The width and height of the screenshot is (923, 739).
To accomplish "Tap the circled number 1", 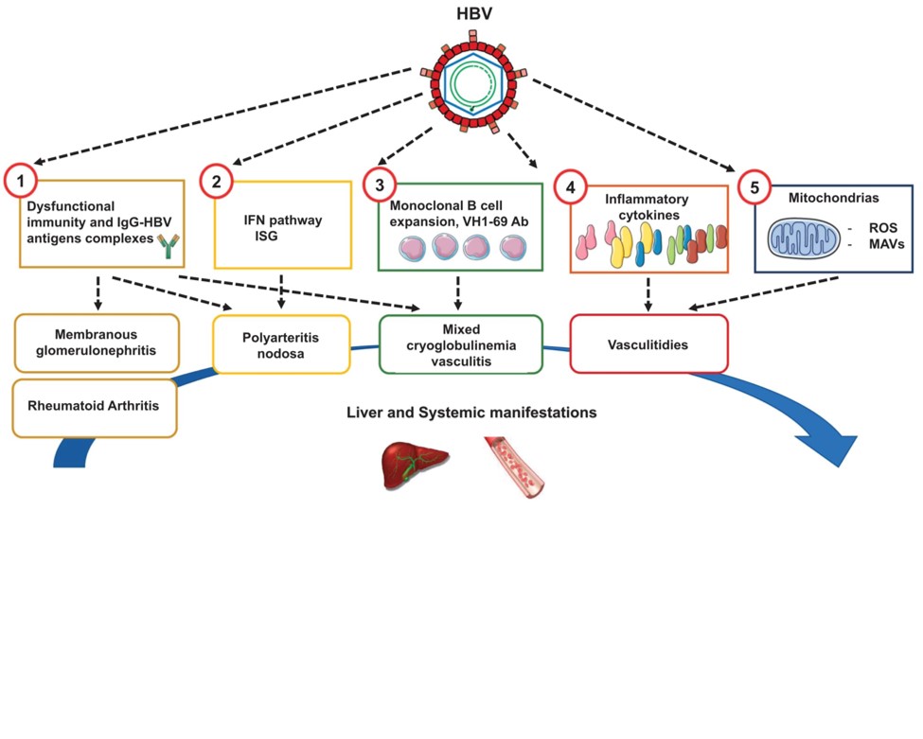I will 20,181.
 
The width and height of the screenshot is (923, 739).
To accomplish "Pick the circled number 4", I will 568,187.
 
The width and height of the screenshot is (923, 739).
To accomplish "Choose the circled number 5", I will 754,187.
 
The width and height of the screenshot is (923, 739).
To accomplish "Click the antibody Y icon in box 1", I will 169,246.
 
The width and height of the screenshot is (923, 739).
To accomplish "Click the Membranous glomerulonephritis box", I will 97,342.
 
